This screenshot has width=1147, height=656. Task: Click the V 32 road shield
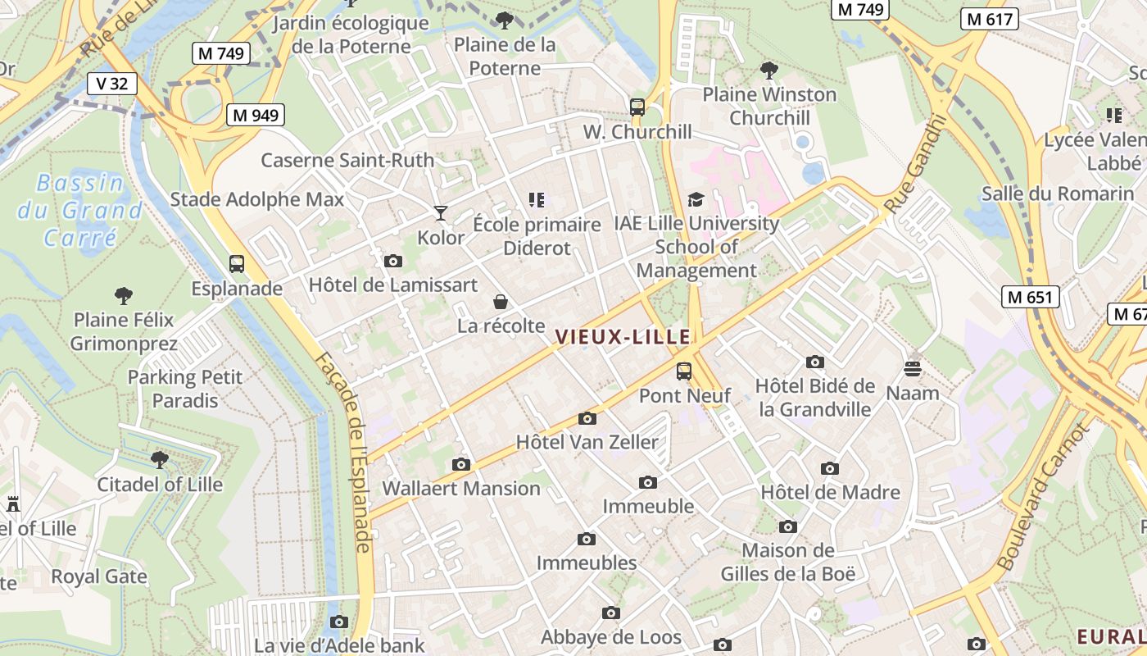tap(111, 83)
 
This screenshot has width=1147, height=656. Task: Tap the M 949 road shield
tap(256, 115)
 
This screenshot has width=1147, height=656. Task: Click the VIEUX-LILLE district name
tap(623, 337)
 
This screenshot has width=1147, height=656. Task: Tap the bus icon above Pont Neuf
tap(684, 371)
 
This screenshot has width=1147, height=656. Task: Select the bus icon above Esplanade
tap(237, 264)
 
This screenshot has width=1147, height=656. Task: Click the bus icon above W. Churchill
tap(637, 107)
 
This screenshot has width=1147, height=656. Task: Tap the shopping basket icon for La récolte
tap(501, 303)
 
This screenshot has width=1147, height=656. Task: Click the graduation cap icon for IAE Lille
tap(696, 199)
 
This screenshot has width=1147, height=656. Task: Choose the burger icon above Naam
tap(913, 368)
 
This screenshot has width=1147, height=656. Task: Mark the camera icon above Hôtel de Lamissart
tap(393, 262)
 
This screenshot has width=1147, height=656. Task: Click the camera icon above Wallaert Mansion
tap(461, 465)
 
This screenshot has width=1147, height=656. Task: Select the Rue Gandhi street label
tap(916, 164)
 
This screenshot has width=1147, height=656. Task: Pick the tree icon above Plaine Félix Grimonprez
tap(124, 295)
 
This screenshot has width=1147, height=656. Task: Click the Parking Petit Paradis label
tap(185, 389)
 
